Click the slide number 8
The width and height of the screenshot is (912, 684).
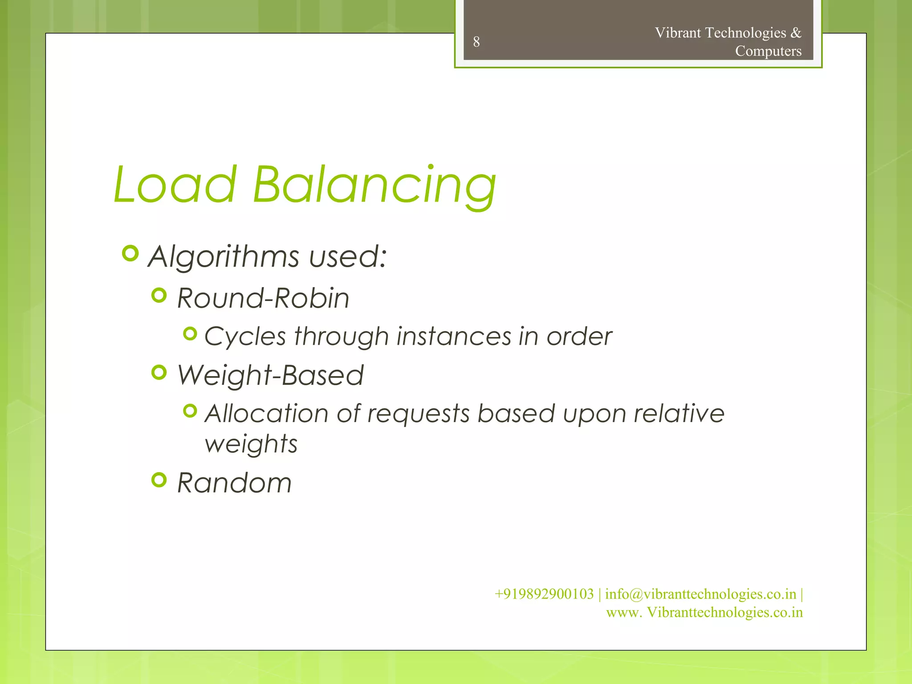476,42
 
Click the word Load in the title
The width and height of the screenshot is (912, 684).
175,184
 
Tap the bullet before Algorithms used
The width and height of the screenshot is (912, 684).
130,253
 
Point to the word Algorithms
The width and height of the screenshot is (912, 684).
224,257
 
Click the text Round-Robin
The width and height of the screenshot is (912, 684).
263,298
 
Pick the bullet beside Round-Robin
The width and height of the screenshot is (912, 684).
159,295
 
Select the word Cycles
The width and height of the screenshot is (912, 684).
245,337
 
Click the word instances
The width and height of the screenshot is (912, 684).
454,336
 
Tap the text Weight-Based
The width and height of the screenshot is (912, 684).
270,375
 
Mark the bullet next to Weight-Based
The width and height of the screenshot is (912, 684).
159,372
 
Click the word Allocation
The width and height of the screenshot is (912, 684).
266,413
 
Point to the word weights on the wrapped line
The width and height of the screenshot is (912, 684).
251,444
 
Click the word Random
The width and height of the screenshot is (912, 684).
234,483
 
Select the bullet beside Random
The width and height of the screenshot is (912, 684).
159,480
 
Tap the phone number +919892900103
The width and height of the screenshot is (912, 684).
544,594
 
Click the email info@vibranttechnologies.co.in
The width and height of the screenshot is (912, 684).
700,594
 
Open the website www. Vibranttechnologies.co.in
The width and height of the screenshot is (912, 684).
704,612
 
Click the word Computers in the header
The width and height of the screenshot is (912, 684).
768,51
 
